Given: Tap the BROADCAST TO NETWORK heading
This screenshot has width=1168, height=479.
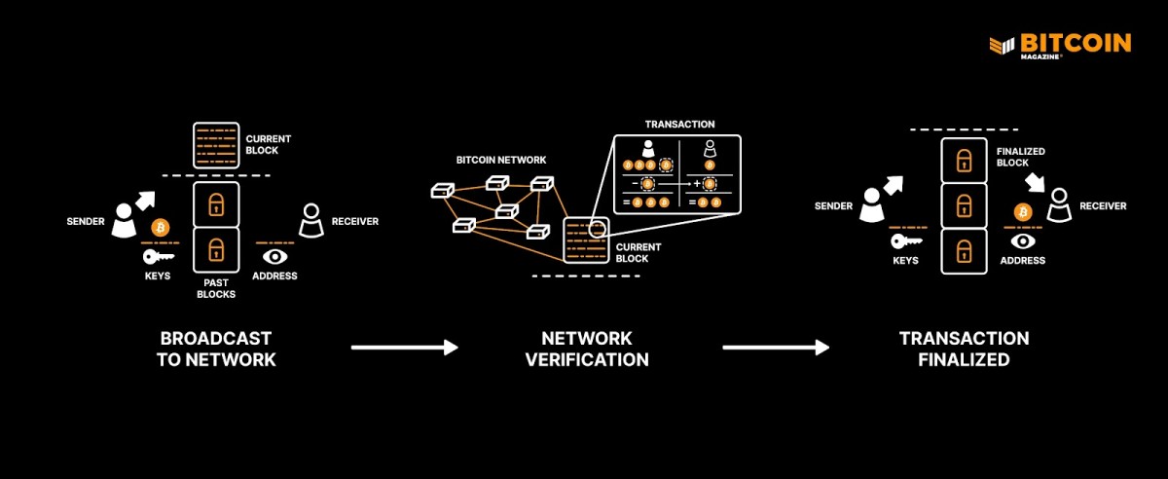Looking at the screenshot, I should tap(216, 349).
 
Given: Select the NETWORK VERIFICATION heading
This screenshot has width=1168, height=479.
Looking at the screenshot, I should tap(587, 349).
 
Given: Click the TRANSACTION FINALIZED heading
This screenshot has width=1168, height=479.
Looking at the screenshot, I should tap(964, 349).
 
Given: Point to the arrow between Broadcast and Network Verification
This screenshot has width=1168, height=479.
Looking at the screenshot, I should tap(404, 348).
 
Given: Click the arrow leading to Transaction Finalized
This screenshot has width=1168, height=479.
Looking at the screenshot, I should tap(776, 348).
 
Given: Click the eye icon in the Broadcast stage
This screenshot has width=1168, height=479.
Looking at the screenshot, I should tap(275, 257).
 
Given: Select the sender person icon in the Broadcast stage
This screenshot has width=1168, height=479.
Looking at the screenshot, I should tap(125, 221).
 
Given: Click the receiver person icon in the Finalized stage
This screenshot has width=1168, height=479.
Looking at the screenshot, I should tap(1058, 204).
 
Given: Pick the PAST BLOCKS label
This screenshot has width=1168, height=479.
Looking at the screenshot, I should tap(216, 287).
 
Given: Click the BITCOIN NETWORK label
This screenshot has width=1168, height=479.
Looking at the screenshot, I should tap(501, 159).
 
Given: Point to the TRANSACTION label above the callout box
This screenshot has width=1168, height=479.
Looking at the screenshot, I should tap(679, 125).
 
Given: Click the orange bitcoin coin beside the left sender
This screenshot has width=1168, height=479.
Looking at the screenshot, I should tap(161, 228).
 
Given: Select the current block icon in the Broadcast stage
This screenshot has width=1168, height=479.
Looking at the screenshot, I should tap(216, 144).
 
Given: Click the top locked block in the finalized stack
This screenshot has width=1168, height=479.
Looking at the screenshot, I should tap(964, 160).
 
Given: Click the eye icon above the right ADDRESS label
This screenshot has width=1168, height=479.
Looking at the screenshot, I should tap(1023, 240).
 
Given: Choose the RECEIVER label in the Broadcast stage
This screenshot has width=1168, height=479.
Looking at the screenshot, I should tap(355, 221).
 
